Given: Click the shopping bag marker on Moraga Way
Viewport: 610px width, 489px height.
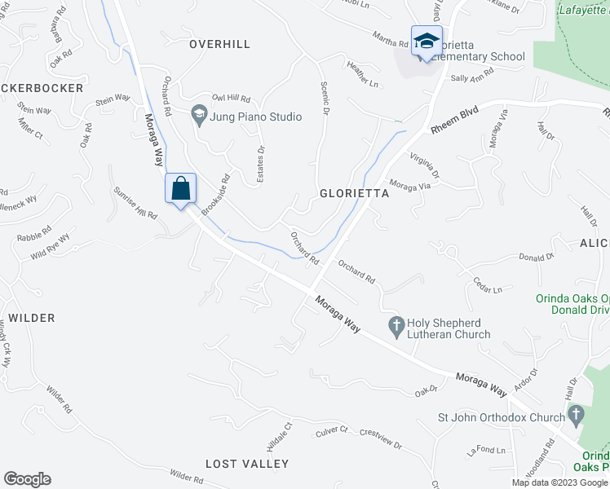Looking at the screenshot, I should (181, 189).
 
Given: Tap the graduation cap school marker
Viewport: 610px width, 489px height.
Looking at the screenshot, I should (427, 40).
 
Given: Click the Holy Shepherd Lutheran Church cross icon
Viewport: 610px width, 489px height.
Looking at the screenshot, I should (396, 324).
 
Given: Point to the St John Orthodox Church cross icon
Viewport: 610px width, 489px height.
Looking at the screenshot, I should (577, 415).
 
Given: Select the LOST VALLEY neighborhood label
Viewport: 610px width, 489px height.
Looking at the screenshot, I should (247, 464).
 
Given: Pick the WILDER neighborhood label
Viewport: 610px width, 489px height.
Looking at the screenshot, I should (32, 318).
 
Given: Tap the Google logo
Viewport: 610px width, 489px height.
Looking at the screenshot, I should (27, 479).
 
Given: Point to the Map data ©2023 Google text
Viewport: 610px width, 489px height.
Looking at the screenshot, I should (559, 482).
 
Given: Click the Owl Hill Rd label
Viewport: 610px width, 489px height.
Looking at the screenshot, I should (231, 98).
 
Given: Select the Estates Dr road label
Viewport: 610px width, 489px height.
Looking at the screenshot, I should (260, 164).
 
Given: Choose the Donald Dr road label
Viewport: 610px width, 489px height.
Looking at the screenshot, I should (537, 257).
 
